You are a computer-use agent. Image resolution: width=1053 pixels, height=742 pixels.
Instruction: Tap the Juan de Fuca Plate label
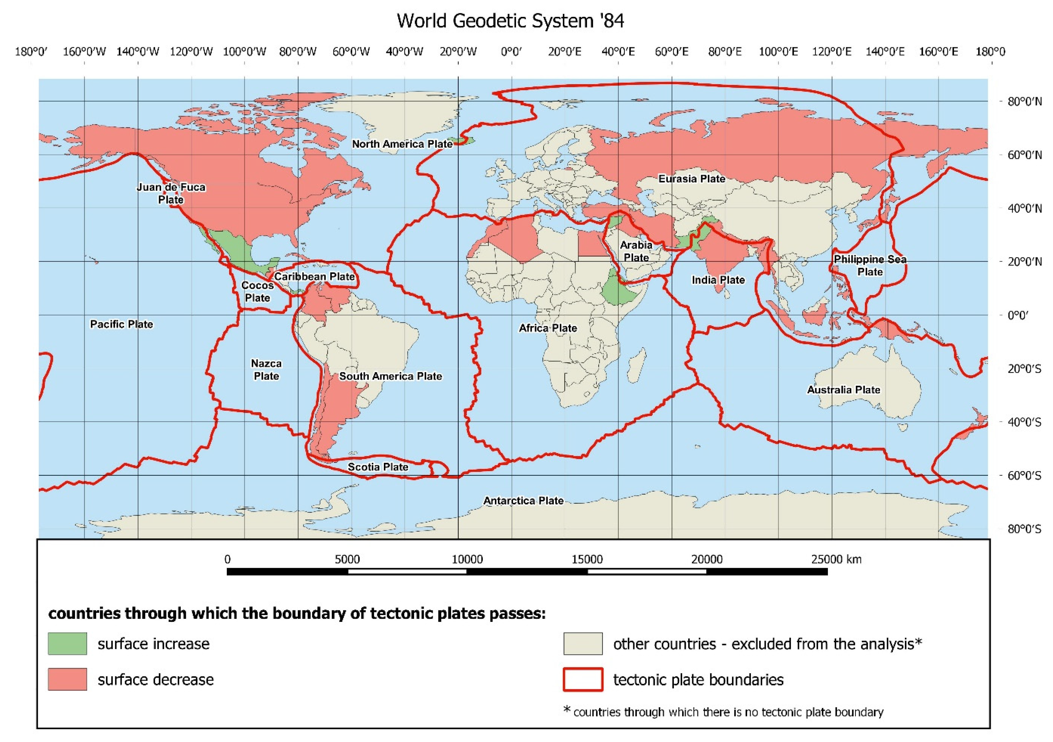171,193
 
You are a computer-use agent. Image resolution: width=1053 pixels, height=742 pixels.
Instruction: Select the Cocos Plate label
257,291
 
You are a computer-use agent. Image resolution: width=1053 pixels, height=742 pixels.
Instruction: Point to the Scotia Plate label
378,467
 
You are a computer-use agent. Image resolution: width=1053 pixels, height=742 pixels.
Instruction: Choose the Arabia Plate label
636,251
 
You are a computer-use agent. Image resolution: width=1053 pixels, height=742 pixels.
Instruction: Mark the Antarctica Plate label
523,500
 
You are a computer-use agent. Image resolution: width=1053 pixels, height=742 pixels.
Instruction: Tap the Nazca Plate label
266,369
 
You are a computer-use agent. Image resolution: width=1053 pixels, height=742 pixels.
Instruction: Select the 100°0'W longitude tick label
245,51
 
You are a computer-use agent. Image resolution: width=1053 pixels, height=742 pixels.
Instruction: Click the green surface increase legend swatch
67,643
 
